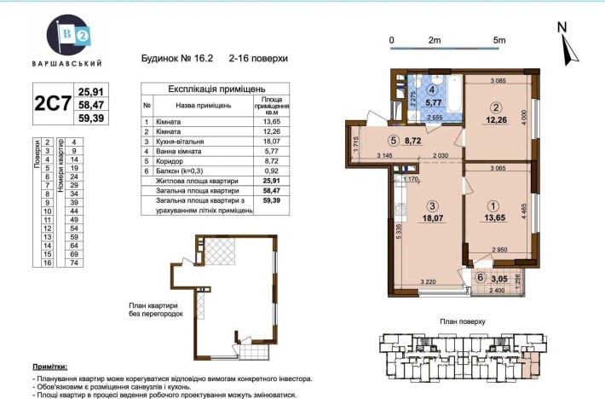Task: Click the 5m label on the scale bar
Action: [499, 40]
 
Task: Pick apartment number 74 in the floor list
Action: [75, 263]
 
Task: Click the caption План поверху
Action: [464, 322]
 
